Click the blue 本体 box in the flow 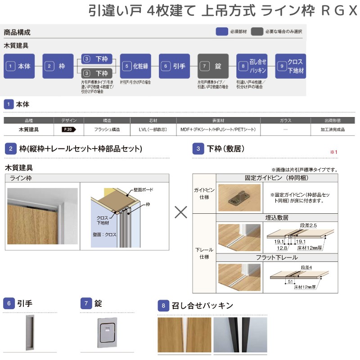(x=19, y=66)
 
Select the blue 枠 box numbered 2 (x=58, y=66)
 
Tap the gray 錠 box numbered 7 (x=213, y=66)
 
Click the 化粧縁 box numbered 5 (x=135, y=66)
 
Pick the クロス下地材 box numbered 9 (x=291, y=66)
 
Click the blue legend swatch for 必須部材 (x=221, y=32)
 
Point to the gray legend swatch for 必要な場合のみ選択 (x=257, y=32)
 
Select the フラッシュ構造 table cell (x=107, y=130)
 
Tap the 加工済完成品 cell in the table (x=333, y=130)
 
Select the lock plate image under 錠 (x=108, y=333)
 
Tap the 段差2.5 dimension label (x=309, y=225)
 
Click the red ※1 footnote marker (x=333, y=152)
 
